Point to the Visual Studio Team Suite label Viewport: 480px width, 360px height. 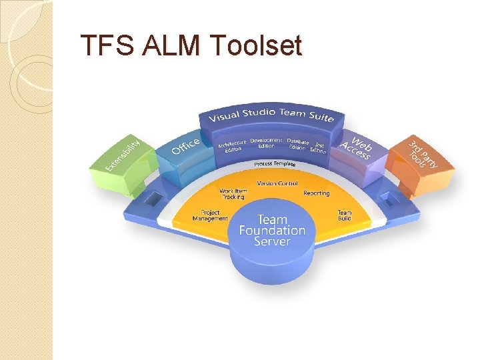[271, 115]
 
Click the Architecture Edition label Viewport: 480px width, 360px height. [232, 145]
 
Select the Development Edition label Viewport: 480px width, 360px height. [267, 143]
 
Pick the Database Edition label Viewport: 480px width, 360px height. [297, 144]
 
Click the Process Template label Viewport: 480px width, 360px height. [275, 164]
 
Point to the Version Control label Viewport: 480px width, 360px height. [277, 183]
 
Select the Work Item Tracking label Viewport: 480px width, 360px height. [233, 194]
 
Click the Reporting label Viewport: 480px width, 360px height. [316, 193]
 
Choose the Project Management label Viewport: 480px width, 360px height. [210, 215]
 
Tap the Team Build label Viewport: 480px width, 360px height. [344, 215]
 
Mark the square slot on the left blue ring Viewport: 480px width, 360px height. [153, 199]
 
